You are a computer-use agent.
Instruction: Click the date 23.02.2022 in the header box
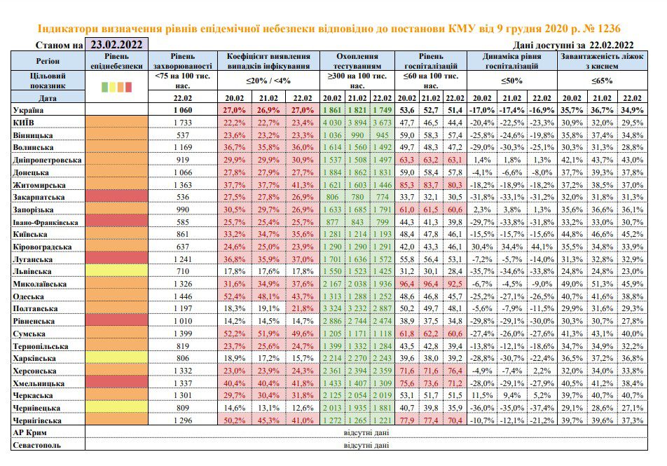coord(116,44)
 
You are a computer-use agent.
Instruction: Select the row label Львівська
coord(32,271)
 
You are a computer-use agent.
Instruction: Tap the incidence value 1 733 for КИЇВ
coord(182,123)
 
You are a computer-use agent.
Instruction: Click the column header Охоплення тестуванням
coord(357,61)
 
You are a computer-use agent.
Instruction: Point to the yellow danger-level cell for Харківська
coord(116,358)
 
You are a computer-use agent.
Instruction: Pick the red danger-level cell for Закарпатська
coord(116,197)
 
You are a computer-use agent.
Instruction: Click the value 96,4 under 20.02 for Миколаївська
coord(407,284)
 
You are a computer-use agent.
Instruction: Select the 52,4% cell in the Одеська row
coord(235,296)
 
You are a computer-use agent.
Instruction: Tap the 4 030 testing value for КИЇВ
coord(332,123)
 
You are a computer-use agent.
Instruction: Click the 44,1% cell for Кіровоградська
coord(542,247)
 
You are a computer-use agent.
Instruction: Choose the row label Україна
coord(28,110)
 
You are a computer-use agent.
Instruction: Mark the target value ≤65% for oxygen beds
coord(602,81)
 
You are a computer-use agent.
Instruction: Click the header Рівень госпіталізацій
coord(430,61)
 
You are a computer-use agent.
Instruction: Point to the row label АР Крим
coord(29,433)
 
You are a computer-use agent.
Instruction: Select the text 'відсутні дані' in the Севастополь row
coord(366,446)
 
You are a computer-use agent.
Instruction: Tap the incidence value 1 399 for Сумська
coord(182,334)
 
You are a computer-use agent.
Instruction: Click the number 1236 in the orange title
coord(609,29)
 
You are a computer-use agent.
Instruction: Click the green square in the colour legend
coord(104,87)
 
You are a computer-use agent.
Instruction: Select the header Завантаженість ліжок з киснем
coord(602,61)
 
